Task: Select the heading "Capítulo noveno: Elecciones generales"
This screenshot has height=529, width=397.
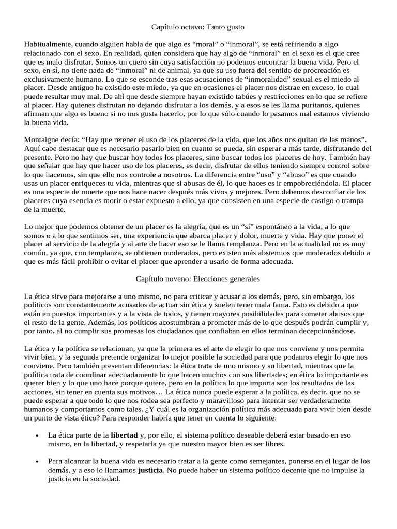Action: coord(197,278)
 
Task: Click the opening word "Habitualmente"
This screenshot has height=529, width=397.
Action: coord(49,45)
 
